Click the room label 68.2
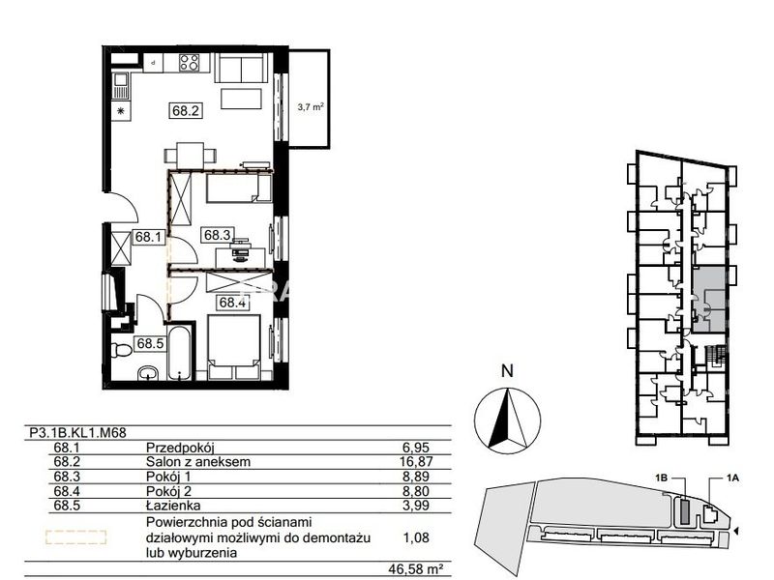click(186, 110)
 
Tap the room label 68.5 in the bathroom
click(150, 343)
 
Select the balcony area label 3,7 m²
click(311, 106)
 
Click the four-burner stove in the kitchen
click(190, 63)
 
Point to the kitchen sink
click(121, 86)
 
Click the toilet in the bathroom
click(121, 350)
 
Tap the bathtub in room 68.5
click(179, 352)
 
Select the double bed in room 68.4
click(234, 348)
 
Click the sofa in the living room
click(241, 68)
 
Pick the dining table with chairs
click(191, 156)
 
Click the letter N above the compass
click(507, 371)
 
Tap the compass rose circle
click(507, 420)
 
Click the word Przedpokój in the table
click(180, 448)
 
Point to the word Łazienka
click(173, 505)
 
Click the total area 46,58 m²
click(415, 569)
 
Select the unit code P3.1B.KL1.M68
click(78, 433)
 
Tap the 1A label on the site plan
click(732, 478)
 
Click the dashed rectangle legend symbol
click(76, 537)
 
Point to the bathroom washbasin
click(148, 373)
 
